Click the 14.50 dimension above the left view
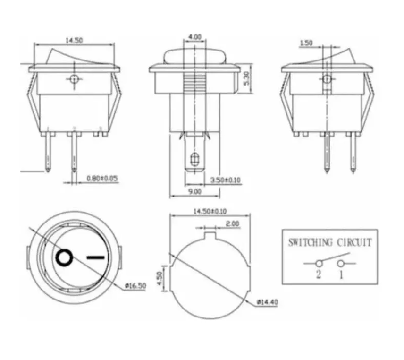[x=74, y=41]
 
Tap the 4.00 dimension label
[x=194, y=36]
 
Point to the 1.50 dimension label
[x=306, y=43]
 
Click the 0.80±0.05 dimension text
[x=102, y=179]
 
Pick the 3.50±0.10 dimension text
[x=225, y=180]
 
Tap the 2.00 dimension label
[x=233, y=223]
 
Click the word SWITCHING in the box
[x=310, y=243]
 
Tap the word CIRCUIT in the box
[x=354, y=243]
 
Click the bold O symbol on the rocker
[x=64, y=258]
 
